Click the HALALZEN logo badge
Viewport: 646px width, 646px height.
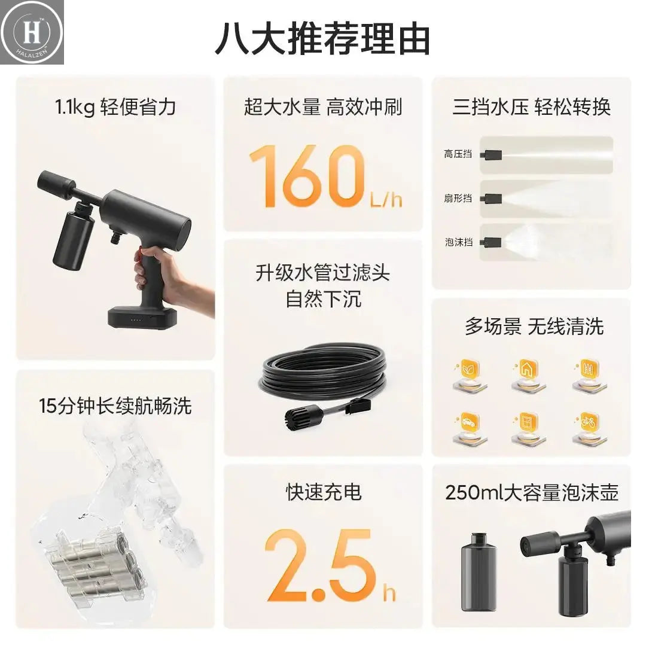pos(32,32)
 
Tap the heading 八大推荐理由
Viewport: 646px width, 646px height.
pos(322,39)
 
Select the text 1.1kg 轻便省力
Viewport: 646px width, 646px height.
pos(115,108)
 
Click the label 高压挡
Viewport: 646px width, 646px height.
pos(458,154)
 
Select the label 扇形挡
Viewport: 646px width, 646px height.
pos(458,198)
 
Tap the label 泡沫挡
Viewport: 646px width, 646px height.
pos(458,242)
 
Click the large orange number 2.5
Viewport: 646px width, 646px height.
pos(320,565)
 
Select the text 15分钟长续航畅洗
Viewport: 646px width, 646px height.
pos(115,406)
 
